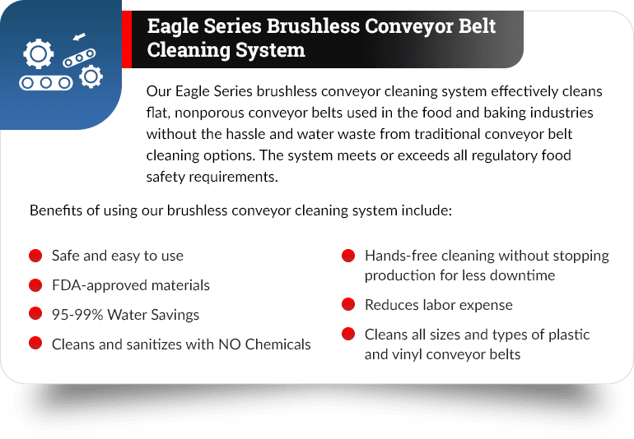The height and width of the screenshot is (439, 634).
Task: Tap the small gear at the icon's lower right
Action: (91, 76)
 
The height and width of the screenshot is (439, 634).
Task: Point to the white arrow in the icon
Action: (79, 37)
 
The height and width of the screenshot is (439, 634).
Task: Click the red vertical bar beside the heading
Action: (127, 39)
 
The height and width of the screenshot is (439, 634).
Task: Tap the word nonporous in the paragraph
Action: (209, 113)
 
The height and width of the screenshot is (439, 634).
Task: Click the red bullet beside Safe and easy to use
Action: (35, 256)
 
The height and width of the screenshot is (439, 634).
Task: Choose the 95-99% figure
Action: (77, 315)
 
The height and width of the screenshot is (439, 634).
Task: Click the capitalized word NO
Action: (230, 344)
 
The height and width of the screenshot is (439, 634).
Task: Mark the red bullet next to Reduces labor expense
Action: (348, 304)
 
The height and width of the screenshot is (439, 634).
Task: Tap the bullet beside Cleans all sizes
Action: (348, 335)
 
